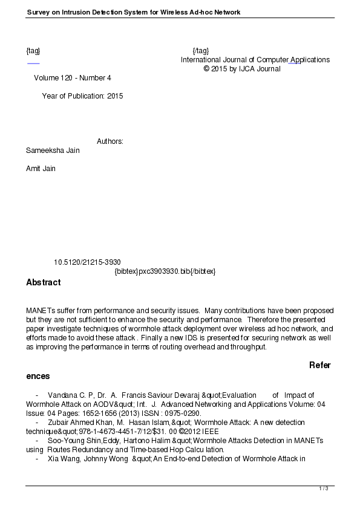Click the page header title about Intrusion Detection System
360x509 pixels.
134,12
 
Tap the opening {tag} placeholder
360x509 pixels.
33,50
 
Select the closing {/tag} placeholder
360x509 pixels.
200,50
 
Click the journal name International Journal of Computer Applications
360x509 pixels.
255,60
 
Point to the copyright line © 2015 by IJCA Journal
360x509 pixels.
242,69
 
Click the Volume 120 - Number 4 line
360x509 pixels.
72,78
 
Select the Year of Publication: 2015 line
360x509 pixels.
82,96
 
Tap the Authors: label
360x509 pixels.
110,141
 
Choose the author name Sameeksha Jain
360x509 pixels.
53,151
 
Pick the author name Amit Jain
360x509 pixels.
41,169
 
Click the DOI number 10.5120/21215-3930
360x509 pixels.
87,262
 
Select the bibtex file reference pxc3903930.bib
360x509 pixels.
165,271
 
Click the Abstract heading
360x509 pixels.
44,282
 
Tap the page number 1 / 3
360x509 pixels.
323,488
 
